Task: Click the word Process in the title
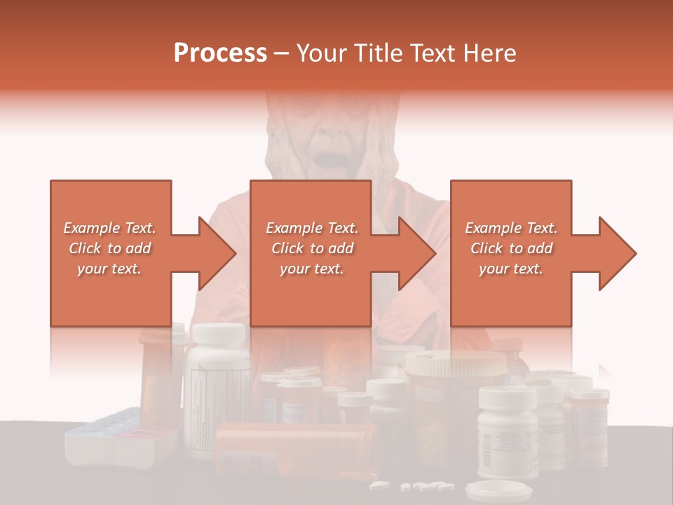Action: click(220, 53)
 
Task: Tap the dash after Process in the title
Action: click(282, 53)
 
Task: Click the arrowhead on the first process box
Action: click(217, 253)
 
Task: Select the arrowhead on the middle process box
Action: click(417, 253)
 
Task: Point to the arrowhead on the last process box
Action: click(618, 253)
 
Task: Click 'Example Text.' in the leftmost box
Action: click(109, 228)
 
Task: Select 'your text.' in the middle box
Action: click(311, 269)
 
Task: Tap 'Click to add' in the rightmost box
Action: click(511, 248)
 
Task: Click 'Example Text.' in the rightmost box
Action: click(511, 228)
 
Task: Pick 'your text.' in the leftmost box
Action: click(109, 269)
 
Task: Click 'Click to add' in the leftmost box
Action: click(109, 248)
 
